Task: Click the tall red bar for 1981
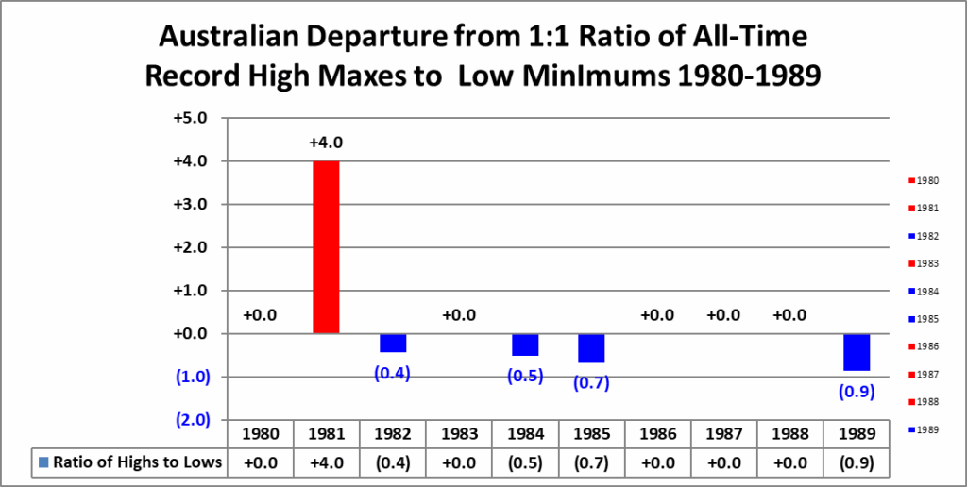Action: (x=327, y=247)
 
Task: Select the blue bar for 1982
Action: (x=393, y=343)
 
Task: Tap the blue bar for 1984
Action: (x=525, y=344)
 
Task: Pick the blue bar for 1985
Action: (x=591, y=348)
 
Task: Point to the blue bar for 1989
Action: (x=856, y=352)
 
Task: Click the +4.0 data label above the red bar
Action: (x=326, y=143)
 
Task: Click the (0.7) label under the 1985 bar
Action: (x=591, y=383)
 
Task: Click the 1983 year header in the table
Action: (x=459, y=435)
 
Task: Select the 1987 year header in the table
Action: (x=723, y=435)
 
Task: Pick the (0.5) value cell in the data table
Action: (x=525, y=462)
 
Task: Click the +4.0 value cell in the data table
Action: (x=327, y=462)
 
